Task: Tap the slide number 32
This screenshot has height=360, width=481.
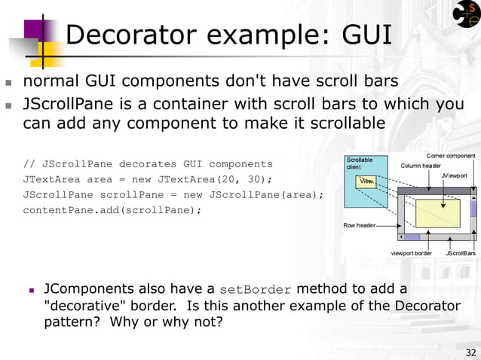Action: (x=471, y=352)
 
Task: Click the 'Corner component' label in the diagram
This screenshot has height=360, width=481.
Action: (x=451, y=156)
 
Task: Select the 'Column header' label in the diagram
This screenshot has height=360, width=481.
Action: (x=421, y=166)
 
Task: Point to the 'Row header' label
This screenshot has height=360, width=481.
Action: (x=360, y=225)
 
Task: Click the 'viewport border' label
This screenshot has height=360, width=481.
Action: (x=411, y=253)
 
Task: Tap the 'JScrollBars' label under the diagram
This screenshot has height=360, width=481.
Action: (x=460, y=253)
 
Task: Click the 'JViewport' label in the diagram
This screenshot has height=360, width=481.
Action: (x=454, y=175)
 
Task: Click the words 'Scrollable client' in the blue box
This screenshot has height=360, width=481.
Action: (x=359, y=163)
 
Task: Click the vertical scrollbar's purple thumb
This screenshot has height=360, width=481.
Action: (x=473, y=207)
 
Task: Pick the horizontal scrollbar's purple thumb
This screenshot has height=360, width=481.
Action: (x=412, y=237)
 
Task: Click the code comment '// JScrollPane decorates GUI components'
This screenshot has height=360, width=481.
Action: (x=148, y=164)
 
